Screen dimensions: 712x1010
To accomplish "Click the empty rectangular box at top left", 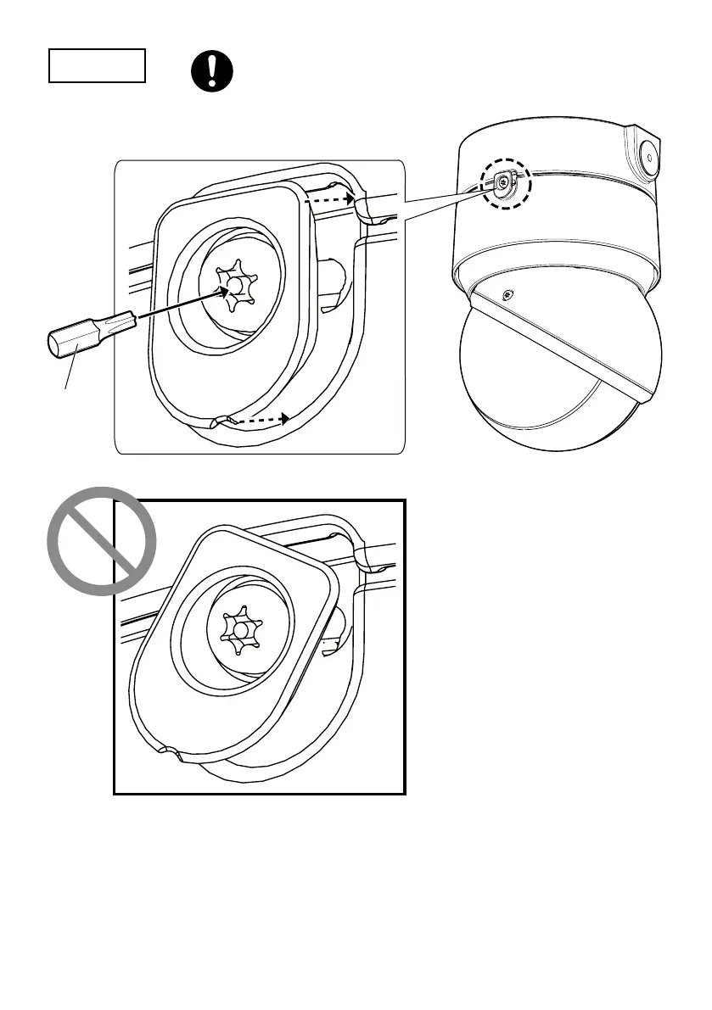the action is (x=97, y=65).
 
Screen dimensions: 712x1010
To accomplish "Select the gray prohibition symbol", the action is (x=101, y=541).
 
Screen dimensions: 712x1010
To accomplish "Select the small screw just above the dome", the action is (x=507, y=295).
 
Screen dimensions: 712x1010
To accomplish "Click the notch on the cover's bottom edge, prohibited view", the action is (x=171, y=751).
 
